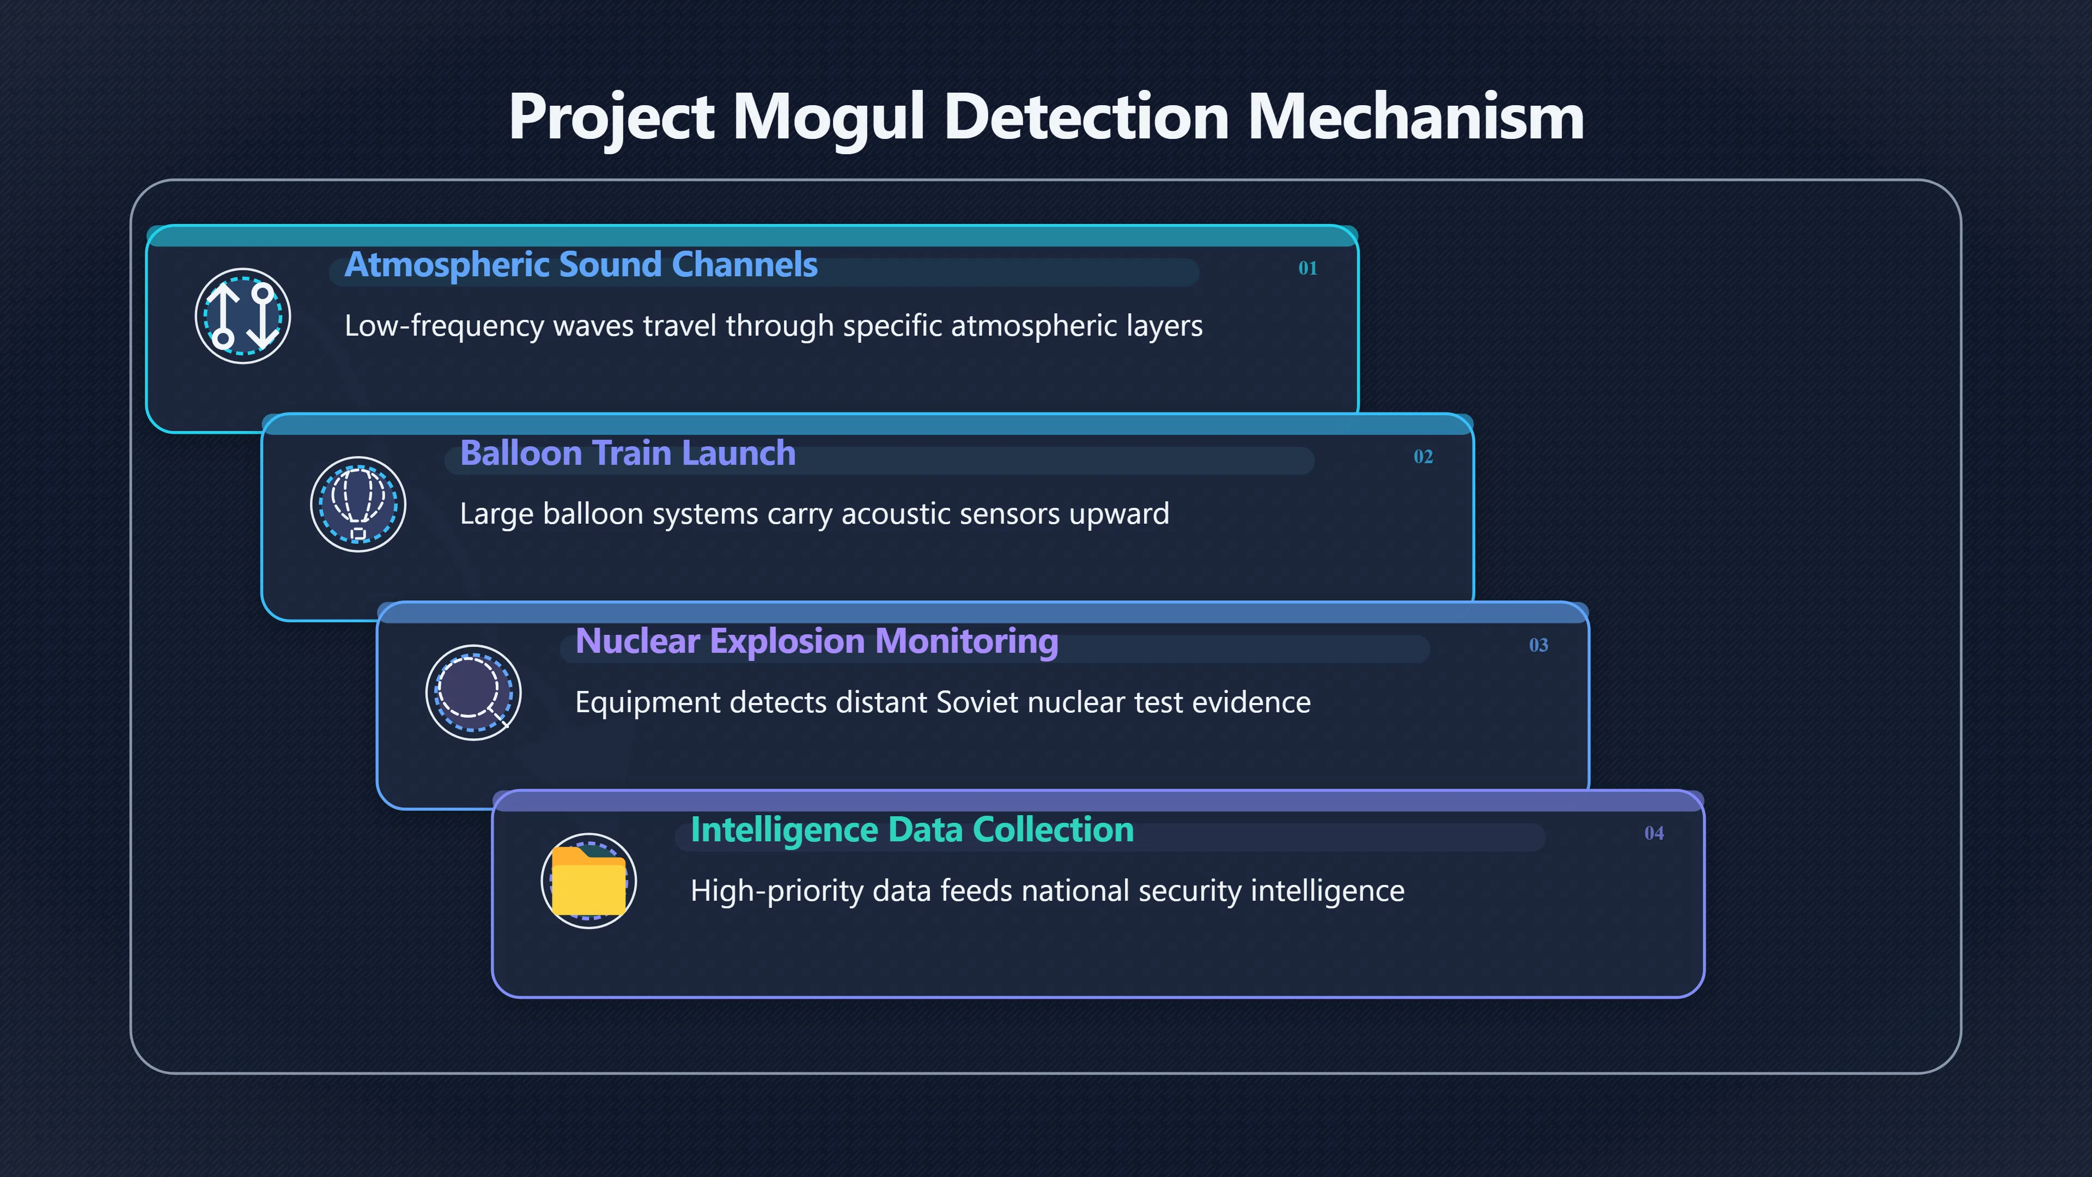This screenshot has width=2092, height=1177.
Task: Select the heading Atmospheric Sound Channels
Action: click(x=581, y=265)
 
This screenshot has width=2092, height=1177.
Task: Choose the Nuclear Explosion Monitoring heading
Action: click(x=816, y=642)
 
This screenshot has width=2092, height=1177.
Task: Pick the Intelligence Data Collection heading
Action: click(x=912, y=830)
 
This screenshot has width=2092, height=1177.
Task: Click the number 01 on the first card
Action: click(x=1307, y=268)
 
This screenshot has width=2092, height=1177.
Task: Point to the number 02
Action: click(x=1423, y=457)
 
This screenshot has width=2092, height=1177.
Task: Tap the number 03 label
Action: click(x=1538, y=645)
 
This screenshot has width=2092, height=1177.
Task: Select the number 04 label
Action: click(x=1653, y=833)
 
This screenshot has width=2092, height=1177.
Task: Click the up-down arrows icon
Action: click(x=243, y=316)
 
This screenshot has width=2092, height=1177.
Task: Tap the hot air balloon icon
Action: click(x=358, y=505)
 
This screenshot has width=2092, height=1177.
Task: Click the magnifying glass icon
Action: click(x=473, y=693)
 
